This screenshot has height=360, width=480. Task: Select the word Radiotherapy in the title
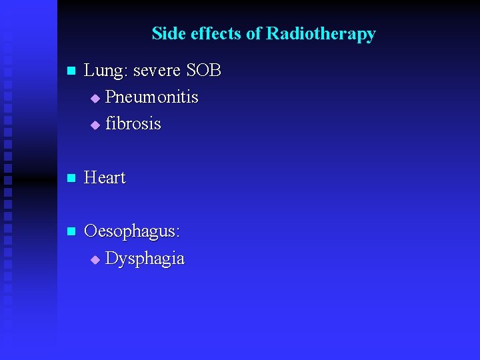tap(321, 33)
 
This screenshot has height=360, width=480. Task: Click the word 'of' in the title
tap(254, 33)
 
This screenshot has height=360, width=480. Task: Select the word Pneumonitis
tap(151, 97)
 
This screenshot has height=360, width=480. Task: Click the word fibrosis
tap(133, 124)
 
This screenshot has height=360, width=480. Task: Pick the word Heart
tap(105, 178)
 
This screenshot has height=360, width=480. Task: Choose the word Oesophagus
tap(130, 232)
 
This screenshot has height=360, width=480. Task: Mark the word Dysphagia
tap(145, 259)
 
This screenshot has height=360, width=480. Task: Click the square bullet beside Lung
tap(71, 71)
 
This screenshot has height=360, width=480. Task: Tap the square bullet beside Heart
tap(71, 179)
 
